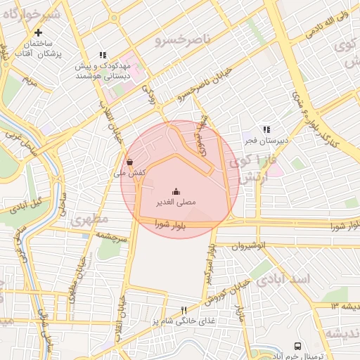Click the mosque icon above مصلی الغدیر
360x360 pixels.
[x=175, y=191]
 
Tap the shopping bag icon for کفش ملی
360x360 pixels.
[x=130, y=160]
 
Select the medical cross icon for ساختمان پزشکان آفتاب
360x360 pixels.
[x=38, y=32]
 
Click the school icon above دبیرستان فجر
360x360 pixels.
[x=266, y=129]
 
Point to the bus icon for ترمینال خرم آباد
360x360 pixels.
[x=298, y=346]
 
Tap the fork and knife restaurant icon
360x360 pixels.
[x=184, y=309]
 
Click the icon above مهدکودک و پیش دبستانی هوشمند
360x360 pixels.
[x=103, y=55]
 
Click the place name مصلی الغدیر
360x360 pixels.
[x=175, y=202]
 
